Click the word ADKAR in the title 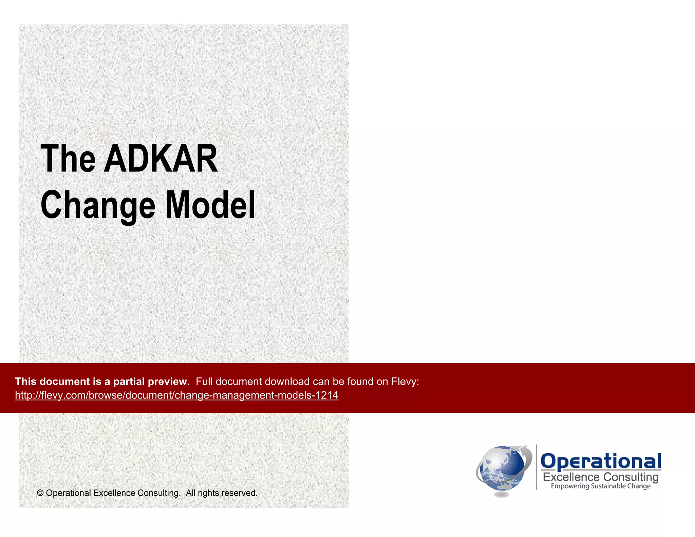coord(161,159)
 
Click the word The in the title coord(68,159)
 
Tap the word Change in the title coord(98,205)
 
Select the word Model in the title coord(210,205)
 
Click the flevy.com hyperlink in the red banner coord(176,395)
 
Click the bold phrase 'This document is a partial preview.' coord(102,382)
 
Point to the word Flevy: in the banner coord(405,382)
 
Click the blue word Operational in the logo coord(601,461)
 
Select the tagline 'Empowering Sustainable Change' coord(601,486)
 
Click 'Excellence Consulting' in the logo coord(601,477)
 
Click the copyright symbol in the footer coord(40,493)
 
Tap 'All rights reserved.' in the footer coord(221,493)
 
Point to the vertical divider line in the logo coord(537,467)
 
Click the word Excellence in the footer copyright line coord(114,493)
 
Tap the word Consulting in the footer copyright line coord(158,493)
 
